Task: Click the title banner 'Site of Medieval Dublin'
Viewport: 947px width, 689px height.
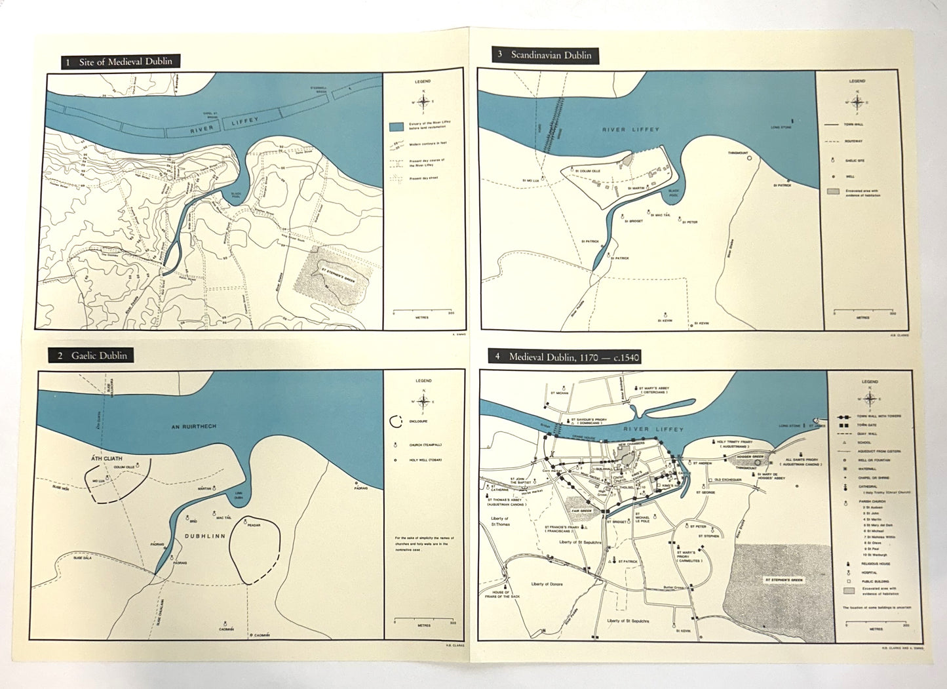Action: click(x=120, y=62)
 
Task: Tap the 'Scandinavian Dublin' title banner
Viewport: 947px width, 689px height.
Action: click(x=545, y=55)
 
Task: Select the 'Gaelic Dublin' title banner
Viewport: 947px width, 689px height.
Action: click(x=91, y=355)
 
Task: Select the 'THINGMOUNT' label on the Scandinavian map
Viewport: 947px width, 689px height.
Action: click(x=737, y=153)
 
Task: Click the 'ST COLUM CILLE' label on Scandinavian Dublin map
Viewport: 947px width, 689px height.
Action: click(x=587, y=171)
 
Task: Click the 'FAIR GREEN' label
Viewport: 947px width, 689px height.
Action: click(x=581, y=509)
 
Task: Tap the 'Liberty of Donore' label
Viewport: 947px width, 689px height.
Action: click(x=547, y=583)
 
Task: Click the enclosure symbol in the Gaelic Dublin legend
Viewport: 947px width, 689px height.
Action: click(x=396, y=422)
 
